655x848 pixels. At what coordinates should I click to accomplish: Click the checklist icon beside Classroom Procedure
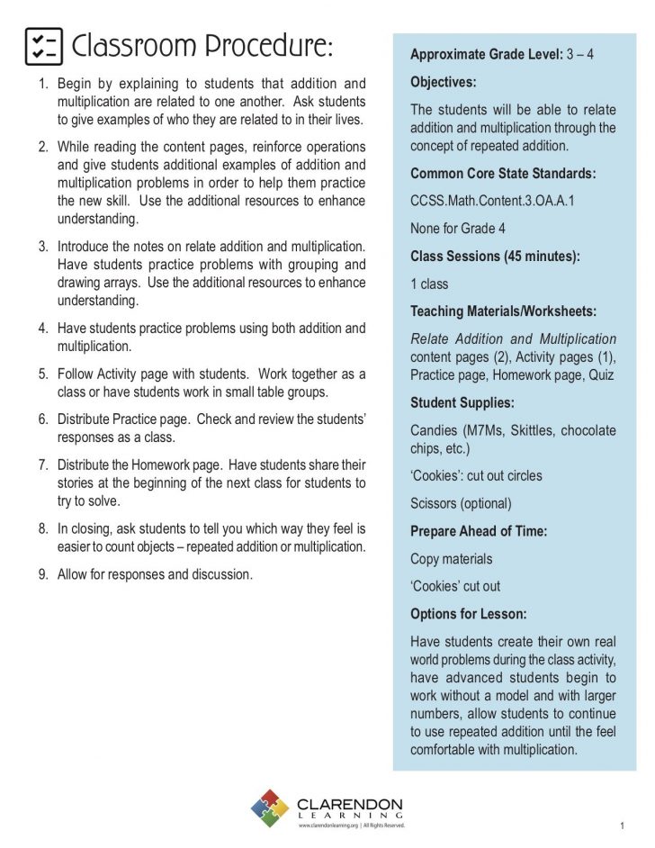click(x=43, y=46)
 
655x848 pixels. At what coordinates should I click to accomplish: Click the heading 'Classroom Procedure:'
click(x=202, y=46)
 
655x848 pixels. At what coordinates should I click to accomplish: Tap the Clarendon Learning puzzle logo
click(x=269, y=807)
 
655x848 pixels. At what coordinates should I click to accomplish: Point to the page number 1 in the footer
click(x=622, y=825)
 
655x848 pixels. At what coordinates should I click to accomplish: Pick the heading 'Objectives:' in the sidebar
click(x=443, y=82)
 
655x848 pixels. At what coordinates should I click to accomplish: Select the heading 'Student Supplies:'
click(x=462, y=402)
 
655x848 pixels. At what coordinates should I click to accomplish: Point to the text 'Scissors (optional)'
click(x=461, y=503)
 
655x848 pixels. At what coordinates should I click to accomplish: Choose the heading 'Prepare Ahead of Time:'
click(x=479, y=531)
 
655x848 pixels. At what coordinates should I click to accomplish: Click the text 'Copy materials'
click(x=451, y=559)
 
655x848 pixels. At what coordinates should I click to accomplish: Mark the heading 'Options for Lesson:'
click(x=468, y=614)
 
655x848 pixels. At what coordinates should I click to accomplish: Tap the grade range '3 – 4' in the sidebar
click(x=580, y=54)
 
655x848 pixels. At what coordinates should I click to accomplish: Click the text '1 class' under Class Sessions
click(x=428, y=284)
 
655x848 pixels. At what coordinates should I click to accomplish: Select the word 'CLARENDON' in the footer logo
click(x=349, y=803)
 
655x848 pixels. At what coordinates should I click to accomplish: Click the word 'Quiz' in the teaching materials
click(x=600, y=374)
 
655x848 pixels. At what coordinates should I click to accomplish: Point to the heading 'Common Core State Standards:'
click(x=503, y=174)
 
